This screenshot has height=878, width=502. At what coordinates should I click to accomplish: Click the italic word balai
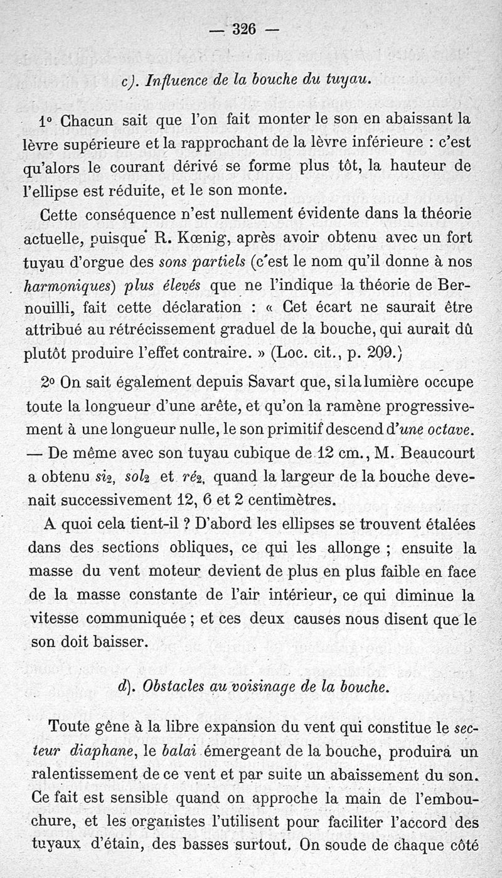[x=179, y=751]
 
